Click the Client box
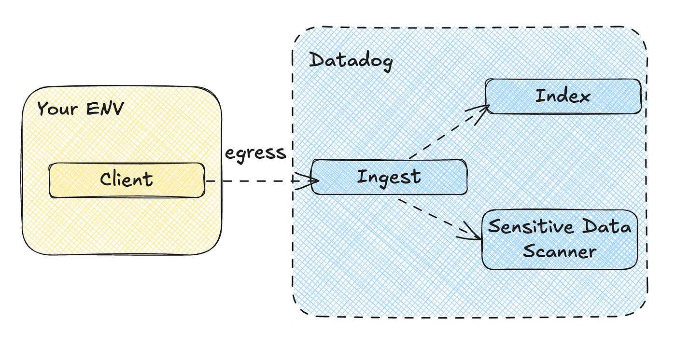(x=127, y=180)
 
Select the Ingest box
(x=389, y=177)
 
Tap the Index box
(x=563, y=97)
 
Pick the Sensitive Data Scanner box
(x=560, y=239)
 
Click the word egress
(x=255, y=153)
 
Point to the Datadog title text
(x=351, y=61)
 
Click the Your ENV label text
(x=80, y=109)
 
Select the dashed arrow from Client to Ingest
(x=256, y=181)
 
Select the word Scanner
(x=560, y=251)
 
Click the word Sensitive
(x=529, y=227)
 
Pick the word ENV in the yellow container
(x=105, y=109)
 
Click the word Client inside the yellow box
(x=127, y=180)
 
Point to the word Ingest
(x=389, y=177)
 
